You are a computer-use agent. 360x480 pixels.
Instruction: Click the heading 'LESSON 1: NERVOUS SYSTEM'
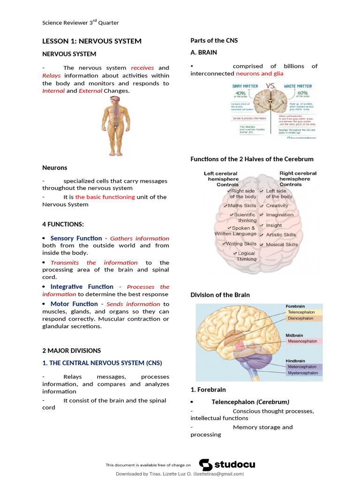tap(92, 41)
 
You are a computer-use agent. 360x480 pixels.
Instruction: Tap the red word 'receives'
tap(142, 68)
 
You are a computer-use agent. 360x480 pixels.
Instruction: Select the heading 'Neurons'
tap(55, 168)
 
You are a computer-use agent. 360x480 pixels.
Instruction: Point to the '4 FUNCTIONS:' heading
tap(63, 225)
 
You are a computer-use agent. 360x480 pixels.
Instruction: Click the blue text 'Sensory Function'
tap(76, 239)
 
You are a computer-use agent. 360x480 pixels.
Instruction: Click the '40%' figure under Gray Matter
tap(243, 93)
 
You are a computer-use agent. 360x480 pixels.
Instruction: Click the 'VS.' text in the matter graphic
tap(271, 87)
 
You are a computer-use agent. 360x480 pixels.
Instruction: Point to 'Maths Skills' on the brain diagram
tap(242, 206)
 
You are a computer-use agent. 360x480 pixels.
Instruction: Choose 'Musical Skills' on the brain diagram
tap(282, 245)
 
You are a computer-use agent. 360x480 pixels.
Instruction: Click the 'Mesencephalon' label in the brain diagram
tap(302, 342)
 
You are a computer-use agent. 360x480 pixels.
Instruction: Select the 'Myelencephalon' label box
tap(302, 373)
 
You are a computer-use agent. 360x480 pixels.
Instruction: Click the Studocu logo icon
tap(206, 465)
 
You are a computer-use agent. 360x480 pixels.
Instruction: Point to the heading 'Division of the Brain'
tap(220, 295)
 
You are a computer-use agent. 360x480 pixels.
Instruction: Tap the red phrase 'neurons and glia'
tap(260, 74)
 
